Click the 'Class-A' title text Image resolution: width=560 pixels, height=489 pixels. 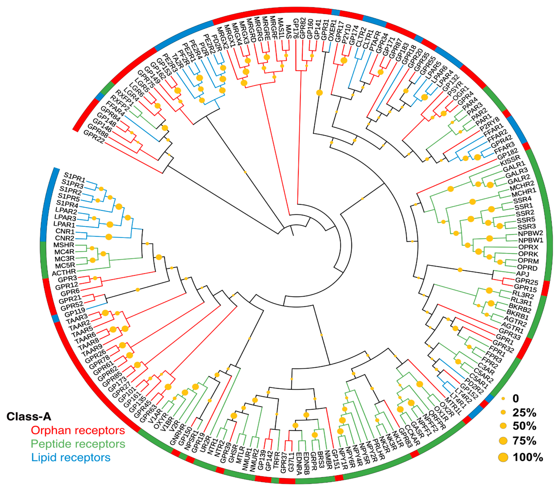[x=29, y=416]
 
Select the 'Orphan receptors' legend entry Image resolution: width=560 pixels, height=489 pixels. [x=78, y=430]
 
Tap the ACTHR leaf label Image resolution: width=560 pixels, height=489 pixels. [x=64, y=272]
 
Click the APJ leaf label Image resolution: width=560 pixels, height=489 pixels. [x=522, y=274]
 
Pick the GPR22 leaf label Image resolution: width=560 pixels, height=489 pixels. [x=94, y=136]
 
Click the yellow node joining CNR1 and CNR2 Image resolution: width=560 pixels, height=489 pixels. [x=109, y=237]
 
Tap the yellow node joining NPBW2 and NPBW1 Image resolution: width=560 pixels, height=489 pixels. [x=490, y=238]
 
